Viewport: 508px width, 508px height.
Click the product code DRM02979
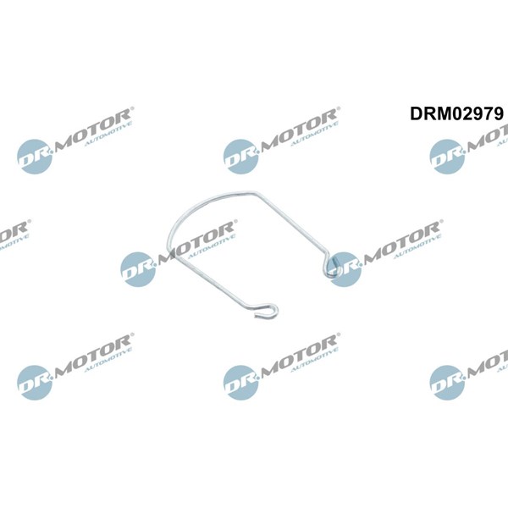click(x=457, y=113)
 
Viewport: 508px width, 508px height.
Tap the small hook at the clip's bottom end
click(x=267, y=310)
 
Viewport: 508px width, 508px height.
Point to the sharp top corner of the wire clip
click(x=255, y=192)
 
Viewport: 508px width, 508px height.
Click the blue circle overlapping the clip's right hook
click(x=345, y=269)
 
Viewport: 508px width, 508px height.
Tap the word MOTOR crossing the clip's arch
click(x=196, y=239)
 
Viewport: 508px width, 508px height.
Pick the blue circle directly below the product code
click(x=447, y=157)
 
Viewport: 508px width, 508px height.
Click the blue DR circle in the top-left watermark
click(x=35, y=157)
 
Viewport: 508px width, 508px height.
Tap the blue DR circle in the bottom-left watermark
click(x=35, y=383)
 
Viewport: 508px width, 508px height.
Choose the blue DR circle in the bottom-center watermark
click(x=240, y=383)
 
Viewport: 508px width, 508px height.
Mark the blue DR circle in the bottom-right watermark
click(x=447, y=383)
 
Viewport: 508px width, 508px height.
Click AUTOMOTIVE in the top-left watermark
click(x=108, y=134)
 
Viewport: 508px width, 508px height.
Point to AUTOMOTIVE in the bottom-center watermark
click(x=315, y=360)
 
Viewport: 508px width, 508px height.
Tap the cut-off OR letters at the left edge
click(x=14, y=230)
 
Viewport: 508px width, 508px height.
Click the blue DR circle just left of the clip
click(x=138, y=269)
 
